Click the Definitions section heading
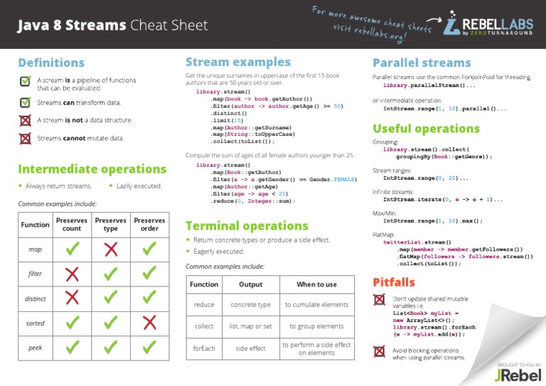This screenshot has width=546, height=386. [x=51, y=63]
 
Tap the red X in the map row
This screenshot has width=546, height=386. [x=110, y=249]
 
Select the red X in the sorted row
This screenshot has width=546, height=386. [x=149, y=323]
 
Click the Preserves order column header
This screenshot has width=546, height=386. [x=149, y=225]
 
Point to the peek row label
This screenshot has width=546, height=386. [x=36, y=348]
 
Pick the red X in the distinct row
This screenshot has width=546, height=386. [x=72, y=298]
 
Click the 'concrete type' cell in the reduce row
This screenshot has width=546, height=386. [x=250, y=304]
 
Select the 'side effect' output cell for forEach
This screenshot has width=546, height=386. [x=250, y=348]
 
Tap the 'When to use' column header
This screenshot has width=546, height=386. [x=316, y=284]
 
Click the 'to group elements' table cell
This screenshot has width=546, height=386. [x=316, y=326]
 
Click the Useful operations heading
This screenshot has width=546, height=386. [x=427, y=129]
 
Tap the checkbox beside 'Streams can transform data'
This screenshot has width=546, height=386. [x=25, y=102]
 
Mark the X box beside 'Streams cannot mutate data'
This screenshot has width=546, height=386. [x=25, y=138]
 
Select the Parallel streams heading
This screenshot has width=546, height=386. [x=422, y=63]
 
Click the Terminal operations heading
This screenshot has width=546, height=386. [x=246, y=226]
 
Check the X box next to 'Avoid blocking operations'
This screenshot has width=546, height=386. [x=380, y=350]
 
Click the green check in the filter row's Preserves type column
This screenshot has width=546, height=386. [x=110, y=274]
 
